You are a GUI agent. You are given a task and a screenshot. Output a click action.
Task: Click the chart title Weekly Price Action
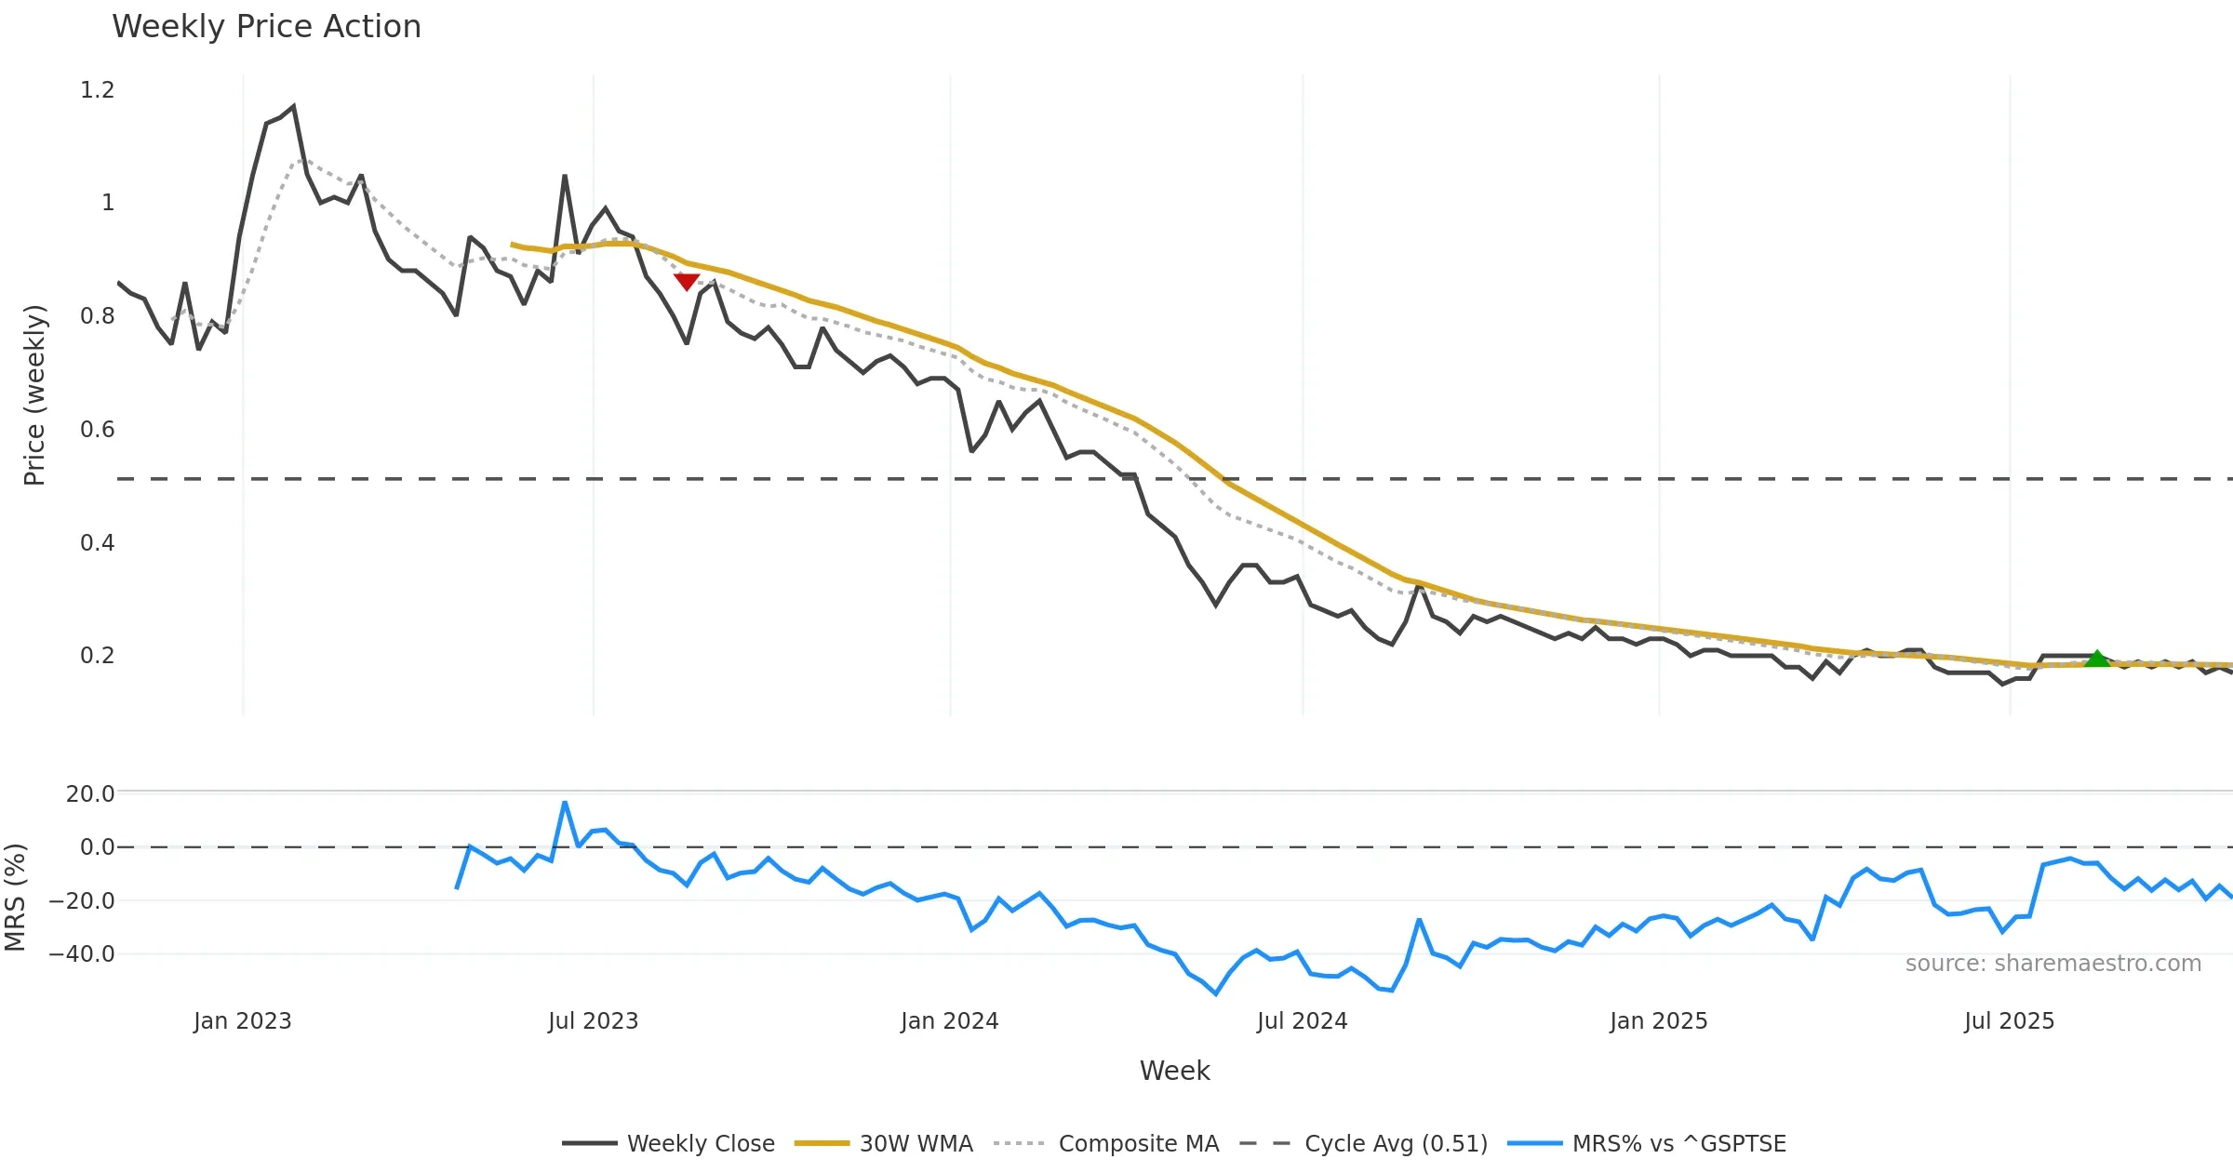point(266,27)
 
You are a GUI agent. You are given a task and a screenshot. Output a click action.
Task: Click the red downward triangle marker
point(687,281)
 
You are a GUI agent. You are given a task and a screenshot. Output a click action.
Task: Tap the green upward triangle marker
point(2096,659)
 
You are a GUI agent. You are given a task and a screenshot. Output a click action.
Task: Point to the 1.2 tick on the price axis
point(97,90)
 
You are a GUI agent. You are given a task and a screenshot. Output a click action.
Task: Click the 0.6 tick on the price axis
point(97,430)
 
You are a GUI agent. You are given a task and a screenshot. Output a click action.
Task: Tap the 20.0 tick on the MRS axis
point(90,793)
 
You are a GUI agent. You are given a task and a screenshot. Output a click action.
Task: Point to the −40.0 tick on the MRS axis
point(82,954)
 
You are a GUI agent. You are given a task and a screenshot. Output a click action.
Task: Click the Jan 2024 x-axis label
point(949,1021)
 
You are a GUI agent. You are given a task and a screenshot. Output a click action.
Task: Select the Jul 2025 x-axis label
point(2009,1021)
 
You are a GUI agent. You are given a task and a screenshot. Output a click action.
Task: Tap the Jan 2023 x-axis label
point(242,1021)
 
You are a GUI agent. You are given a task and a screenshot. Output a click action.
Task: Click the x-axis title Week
point(1174,1072)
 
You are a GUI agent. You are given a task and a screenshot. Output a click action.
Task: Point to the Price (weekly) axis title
point(34,395)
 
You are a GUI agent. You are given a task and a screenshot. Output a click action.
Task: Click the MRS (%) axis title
point(16,897)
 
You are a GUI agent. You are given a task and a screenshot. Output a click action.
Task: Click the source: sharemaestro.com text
point(2052,964)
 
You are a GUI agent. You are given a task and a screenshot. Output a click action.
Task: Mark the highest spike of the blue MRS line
point(565,802)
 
